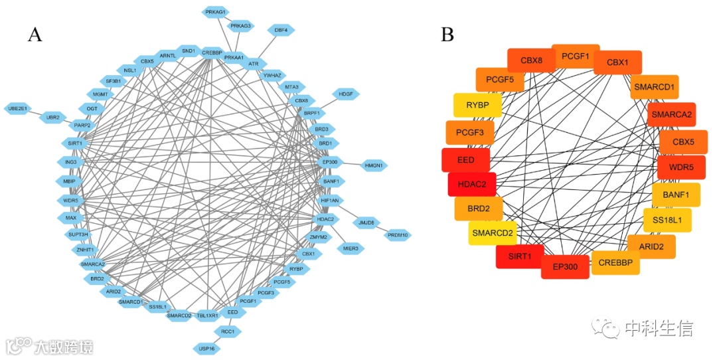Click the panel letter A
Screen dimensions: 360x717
35,35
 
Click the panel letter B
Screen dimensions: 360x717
447,35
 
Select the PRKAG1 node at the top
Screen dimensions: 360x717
216,12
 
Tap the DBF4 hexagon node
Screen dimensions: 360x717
281,30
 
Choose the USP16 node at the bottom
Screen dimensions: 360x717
206,347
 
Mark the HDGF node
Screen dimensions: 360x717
346,94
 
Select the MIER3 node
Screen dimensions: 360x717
351,248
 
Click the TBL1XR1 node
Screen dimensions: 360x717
207,315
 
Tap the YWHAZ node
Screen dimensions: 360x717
273,75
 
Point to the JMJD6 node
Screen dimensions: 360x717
365,222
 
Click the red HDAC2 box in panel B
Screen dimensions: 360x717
472,185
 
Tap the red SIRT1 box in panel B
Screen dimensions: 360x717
519,256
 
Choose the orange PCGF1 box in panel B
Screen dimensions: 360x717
576,56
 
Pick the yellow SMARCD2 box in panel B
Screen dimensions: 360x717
493,232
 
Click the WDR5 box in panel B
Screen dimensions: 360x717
681,167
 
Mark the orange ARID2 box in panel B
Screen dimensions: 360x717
651,246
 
